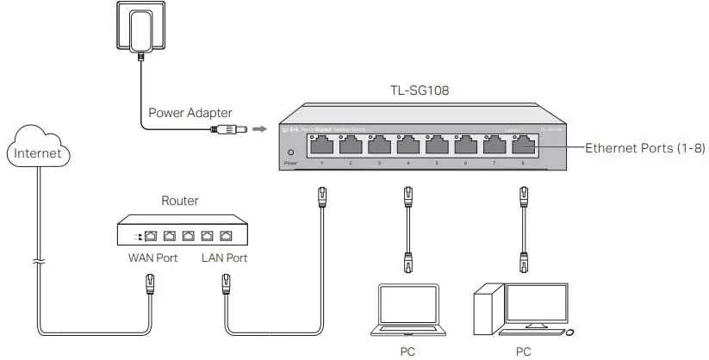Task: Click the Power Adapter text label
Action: coord(190,112)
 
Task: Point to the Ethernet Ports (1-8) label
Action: coord(646,148)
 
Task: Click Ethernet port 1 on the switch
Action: coord(321,145)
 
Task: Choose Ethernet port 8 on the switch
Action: coord(523,145)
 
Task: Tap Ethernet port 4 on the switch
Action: coord(407,145)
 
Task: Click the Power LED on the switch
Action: coord(290,153)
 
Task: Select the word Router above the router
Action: coord(180,201)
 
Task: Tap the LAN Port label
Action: coord(225,258)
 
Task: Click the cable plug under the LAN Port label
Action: coord(226,281)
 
